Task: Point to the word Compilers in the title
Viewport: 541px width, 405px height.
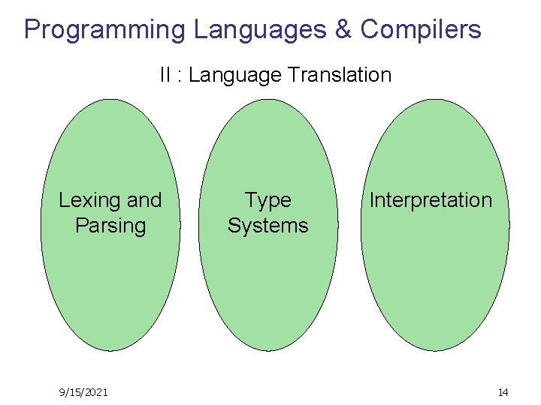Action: [421, 30]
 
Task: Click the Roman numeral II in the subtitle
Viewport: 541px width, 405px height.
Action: [165, 75]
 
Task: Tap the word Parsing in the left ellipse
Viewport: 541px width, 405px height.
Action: [110, 226]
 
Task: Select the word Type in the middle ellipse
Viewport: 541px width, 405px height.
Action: [268, 200]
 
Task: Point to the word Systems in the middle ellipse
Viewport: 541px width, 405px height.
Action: [268, 226]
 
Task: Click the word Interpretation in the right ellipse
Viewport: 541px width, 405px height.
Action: [431, 200]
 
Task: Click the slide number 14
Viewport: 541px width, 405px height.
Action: [503, 392]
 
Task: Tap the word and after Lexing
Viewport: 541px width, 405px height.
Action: [144, 200]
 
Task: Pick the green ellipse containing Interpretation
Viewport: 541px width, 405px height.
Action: [434, 285]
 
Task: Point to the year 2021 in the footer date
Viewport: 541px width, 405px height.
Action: [95, 392]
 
